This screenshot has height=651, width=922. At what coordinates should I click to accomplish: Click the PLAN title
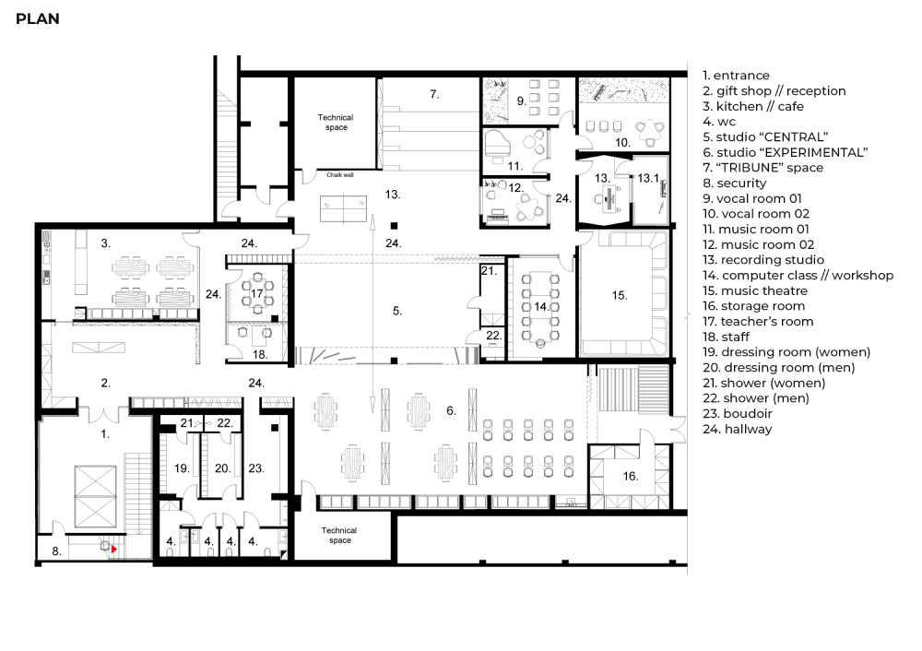(38, 18)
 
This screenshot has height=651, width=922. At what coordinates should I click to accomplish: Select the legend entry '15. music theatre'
(755, 290)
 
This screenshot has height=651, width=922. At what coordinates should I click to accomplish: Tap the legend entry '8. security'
(735, 183)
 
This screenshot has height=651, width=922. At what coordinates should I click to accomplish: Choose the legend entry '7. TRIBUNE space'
(762, 168)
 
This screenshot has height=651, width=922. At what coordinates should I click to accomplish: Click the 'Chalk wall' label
(340, 174)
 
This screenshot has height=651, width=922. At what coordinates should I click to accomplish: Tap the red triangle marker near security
(114, 549)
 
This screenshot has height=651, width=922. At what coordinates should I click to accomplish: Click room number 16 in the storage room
(631, 476)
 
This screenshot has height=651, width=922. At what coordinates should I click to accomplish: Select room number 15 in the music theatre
(620, 295)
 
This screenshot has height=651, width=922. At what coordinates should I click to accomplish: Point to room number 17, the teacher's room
(257, 293)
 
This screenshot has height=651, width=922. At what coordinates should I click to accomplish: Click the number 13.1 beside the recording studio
(648, 178)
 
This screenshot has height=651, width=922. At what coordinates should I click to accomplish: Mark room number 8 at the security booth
(56, 551)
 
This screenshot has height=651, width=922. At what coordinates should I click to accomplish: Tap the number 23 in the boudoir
(255, 468)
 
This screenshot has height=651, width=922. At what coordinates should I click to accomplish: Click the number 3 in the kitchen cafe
(105, 243)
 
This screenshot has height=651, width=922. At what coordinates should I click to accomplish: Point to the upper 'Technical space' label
(336, 123)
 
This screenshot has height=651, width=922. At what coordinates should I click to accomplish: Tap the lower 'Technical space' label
(339, 535)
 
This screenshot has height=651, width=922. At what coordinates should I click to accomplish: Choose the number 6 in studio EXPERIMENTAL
(451, 410)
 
